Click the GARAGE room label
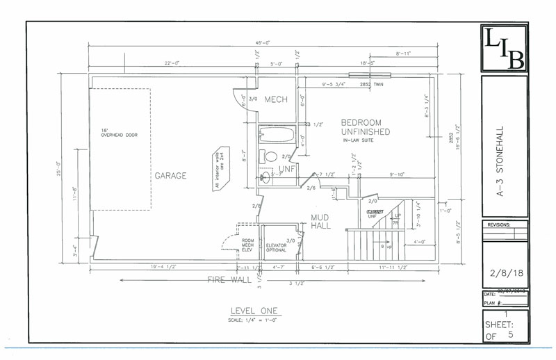(170, 176)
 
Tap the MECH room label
(276, 100)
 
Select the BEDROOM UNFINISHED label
(365, 127)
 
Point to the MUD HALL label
(320, 221)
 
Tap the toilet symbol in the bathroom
(271, 156)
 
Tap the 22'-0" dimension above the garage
(172, 63)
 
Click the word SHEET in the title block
(502, 325)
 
